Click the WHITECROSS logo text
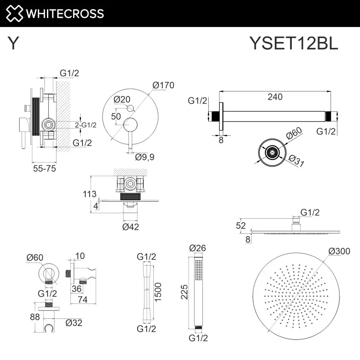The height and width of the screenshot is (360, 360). (x=64, y=13)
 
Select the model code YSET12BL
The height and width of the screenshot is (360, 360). (x=293, y=43)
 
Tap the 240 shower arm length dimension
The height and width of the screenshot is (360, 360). (x=275, y=97)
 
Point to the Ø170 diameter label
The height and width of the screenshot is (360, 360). (x=163, y=85)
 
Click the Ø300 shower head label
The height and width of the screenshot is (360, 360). (x=338, y=251)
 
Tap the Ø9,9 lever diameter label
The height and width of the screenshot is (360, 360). (x=145, y=157)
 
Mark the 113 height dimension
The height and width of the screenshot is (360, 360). (x=89, y=194)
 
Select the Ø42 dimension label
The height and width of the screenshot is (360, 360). (x=131, y=227)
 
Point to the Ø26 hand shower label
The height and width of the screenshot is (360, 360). (x=197, y=248)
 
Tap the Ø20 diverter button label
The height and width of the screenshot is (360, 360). (x=122, y=99)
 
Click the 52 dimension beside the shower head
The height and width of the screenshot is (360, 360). (x=241, y=226)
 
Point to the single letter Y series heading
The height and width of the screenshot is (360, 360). (x=13, y=43)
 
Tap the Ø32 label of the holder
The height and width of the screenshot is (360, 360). (x=74, y=322)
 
